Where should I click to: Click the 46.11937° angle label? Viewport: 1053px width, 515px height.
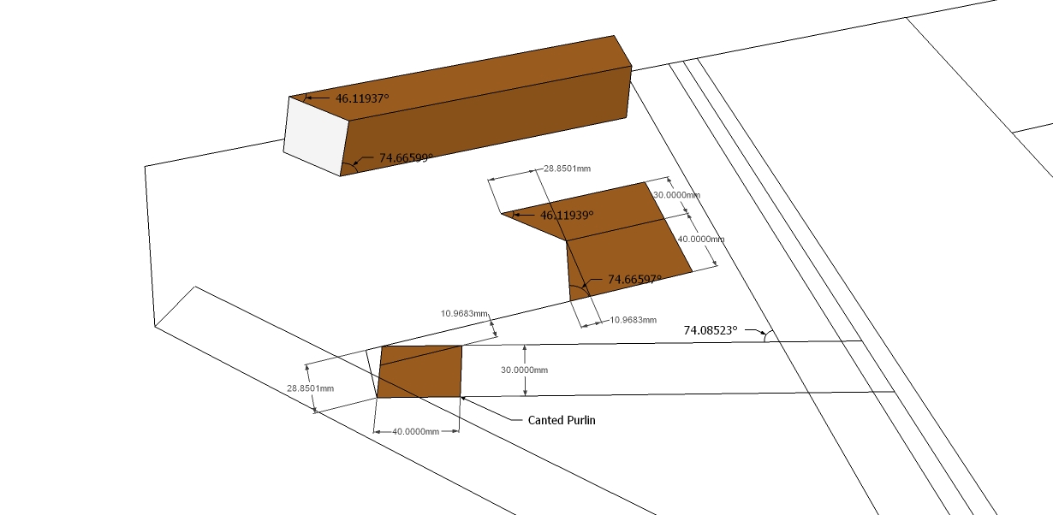[361, 98]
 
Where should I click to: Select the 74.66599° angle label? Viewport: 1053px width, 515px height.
[394, 158]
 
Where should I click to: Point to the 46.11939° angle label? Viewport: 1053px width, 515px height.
[567, 215]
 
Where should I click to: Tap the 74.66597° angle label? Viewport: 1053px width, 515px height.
[634, 279]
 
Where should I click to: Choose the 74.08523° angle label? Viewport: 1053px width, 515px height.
[711, 329]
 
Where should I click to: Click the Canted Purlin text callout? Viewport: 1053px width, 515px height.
[561, 420]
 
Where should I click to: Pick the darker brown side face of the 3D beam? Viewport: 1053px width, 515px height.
[488, 124]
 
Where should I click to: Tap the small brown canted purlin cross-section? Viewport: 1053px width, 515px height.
[419, 372]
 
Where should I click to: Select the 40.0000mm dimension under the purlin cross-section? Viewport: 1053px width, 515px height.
[416, 432]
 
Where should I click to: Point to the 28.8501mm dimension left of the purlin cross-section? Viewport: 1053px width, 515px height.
[310, 388]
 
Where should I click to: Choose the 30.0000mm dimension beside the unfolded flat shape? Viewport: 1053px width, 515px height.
[676, 195]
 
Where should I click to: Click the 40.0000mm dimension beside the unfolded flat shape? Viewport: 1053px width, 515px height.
[700, 240]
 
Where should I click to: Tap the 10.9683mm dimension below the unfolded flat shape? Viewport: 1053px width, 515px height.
[632, 320]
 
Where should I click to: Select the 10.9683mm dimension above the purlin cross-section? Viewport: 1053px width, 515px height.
[464, 313]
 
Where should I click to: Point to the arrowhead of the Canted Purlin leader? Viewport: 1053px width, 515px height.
[464, 398]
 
